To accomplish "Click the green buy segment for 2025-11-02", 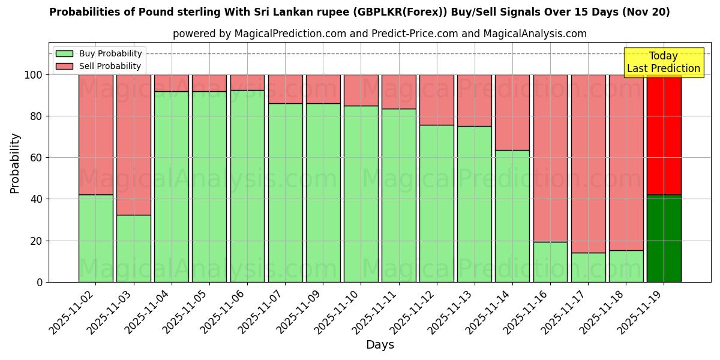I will [x=95, y=238].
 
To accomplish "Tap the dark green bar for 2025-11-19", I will [x=664, y=238].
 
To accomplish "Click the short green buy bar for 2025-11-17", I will [x=588, y=268].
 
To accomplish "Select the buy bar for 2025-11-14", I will [x=512, y=216].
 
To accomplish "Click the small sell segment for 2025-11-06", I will [x=247, y=82].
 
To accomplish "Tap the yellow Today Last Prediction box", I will [x=664, y=62].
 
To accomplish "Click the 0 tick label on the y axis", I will [x=39, y=282].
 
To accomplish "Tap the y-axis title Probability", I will [x=15, y=163].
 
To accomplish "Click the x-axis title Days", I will [x=380, y=345].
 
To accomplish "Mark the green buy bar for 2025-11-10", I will [x=361, y=194].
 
